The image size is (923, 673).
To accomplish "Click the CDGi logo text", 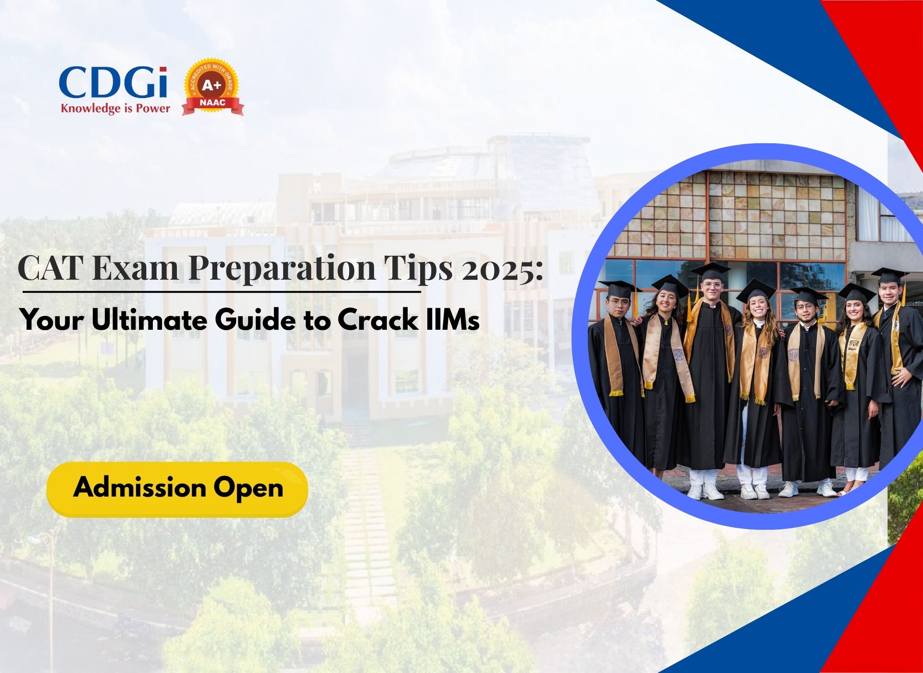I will click(113, 82).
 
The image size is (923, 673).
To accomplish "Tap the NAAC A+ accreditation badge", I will click(212, 87).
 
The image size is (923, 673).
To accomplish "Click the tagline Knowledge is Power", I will click(115, 108).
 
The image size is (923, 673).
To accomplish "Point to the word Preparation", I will click(282, 268).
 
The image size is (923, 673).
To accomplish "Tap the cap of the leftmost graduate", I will click(620, 289).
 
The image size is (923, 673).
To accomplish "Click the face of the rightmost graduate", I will click(888, 292).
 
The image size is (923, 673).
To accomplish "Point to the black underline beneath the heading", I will click(221, 291).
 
